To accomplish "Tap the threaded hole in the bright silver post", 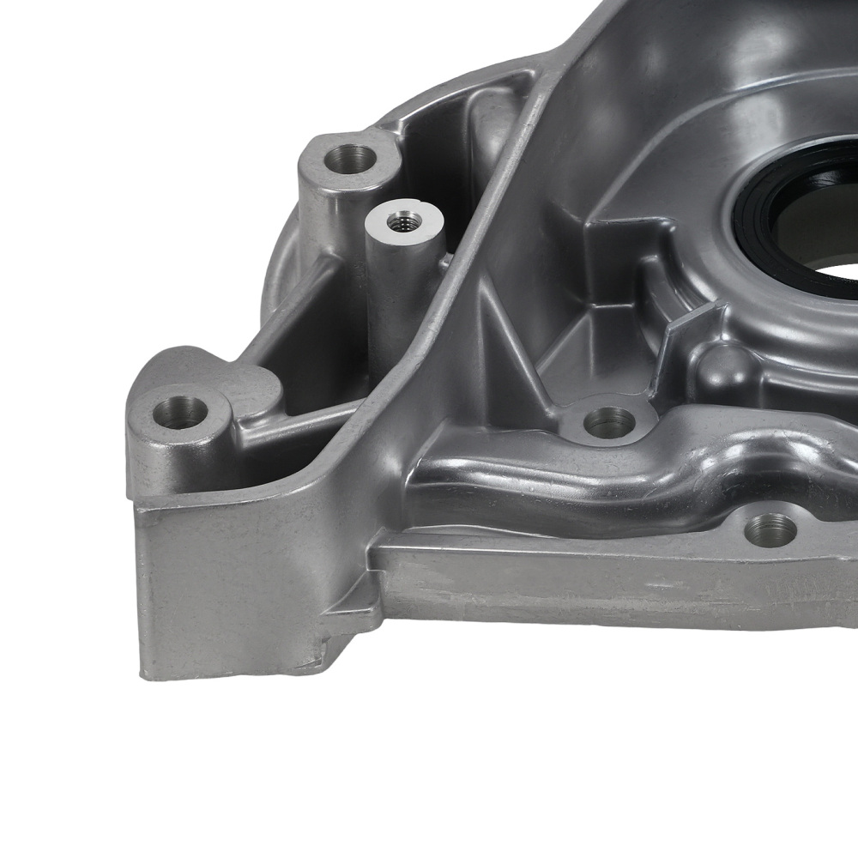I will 401,221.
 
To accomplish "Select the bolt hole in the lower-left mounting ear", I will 180,411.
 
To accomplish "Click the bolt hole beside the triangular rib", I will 608,421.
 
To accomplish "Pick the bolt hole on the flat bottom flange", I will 770,529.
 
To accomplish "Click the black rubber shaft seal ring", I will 772,214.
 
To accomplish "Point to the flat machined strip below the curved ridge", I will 601,583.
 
